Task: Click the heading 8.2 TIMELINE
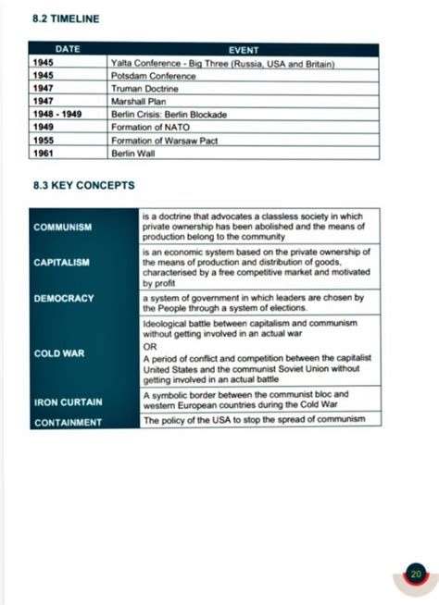pyautogui.click(x=65, y=18)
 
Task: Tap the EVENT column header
pyautogui.click(x=243, y=49)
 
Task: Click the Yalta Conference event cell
pyautogui.click(x=221, y=63)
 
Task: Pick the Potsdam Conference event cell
pyautogui.click(x=153, y=76)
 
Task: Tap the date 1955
pyautogui.click(x=44, y=140)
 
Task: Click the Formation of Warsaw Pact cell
pyautogui.click(x=162, y=140)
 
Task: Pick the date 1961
pyautogui.click(x=44, y=153)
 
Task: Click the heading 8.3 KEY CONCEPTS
pyautogui.click(x=83, y=185)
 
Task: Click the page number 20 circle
pyautogui.click(x=416, y=574)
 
